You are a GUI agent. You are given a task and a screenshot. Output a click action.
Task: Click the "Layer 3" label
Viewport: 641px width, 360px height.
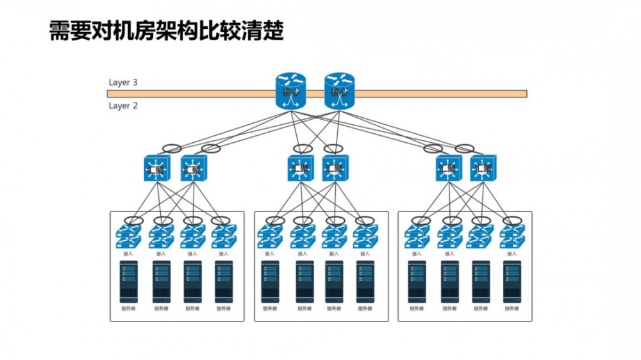coord(123,83)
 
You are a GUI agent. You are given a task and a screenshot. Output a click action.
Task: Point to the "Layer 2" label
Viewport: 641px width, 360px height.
coord(123,106)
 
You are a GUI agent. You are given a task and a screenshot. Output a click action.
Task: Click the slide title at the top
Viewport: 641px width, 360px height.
coord(167,31)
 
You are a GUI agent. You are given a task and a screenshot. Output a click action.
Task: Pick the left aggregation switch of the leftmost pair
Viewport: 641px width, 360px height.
coord(156,168)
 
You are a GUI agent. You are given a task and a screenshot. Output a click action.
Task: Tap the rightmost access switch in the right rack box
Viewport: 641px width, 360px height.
coord(512,237)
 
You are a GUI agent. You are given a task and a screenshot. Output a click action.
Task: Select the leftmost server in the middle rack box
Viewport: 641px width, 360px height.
coord(271,281)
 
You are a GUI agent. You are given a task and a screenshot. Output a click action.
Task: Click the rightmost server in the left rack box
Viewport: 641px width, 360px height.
coord(223,281)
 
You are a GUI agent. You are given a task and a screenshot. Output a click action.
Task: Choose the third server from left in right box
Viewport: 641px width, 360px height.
coord(481,281)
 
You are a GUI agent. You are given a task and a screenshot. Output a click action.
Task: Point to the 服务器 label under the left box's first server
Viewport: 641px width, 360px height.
coord(129,309)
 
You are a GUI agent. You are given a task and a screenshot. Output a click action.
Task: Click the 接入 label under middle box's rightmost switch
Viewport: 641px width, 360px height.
coord(365,254)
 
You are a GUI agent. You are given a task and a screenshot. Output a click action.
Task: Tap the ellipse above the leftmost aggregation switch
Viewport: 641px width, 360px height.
coord(172,149)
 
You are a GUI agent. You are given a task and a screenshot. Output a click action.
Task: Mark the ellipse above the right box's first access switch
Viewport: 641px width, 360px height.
coord(421,221)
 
